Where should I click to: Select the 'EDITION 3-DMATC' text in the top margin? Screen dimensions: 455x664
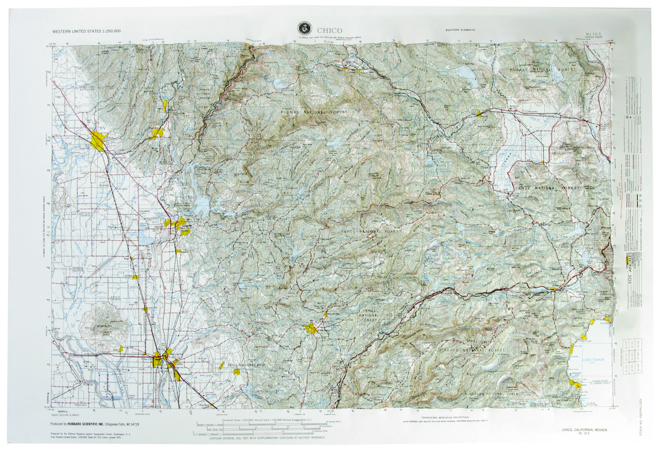[x=461, y=29]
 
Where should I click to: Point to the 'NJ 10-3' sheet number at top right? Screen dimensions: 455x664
[x=594, y=35]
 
